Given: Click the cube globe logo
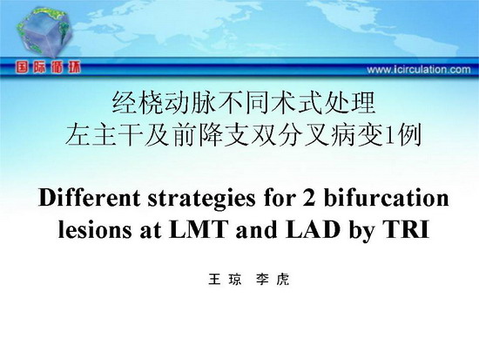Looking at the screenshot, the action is tap(44, 32).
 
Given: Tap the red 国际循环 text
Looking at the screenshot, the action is tap(49, 67).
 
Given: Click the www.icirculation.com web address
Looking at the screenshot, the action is tap(419, 70).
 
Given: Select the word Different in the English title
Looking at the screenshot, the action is tap(89, 198).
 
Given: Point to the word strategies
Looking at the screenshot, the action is tap(202, 200).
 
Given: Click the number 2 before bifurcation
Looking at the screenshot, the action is tap(308, 198).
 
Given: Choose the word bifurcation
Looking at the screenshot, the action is tap(386, 198).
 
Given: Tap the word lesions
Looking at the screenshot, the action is tap(95, 229).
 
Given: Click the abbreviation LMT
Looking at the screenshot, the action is tap(199, 229).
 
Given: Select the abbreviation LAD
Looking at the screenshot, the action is tap(314, 229).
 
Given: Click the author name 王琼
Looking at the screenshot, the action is tap(225, 280).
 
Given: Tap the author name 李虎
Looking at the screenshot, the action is tap(273, 280).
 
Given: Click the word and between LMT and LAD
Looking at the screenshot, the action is tap(257, 229).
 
